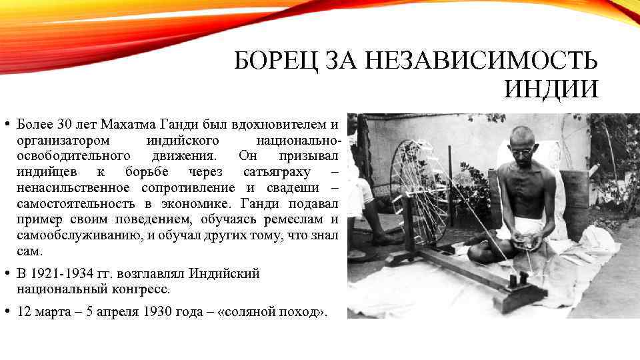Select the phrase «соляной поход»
click(273, 313)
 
